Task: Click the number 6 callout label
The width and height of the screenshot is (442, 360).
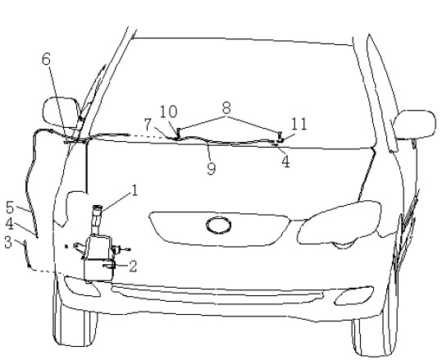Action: click(46, 59)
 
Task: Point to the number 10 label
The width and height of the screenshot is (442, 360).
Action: click(169, 112)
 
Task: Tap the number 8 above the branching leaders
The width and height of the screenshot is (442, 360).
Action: click(226, 107)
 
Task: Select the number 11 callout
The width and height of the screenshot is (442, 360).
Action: click(298, 124)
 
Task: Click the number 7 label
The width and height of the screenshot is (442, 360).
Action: click(148, 125)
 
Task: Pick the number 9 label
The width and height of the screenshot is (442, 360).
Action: click(212, 168)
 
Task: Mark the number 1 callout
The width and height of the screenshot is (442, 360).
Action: click(134, 190)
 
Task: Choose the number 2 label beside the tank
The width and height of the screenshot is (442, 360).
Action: click(133, 266)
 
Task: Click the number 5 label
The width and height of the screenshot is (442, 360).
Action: click(10, 207)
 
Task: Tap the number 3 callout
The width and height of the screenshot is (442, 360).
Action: click(8, 243)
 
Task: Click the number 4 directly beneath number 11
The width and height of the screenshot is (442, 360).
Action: click(286, 162)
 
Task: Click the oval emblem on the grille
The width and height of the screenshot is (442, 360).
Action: click(219, 226)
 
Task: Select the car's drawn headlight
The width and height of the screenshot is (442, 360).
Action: click(339, 223)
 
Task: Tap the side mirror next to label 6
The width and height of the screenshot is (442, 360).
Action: click(62, 112)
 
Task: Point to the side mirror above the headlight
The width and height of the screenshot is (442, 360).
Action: click(414, 125)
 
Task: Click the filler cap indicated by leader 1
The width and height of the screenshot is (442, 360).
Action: click(98, 207)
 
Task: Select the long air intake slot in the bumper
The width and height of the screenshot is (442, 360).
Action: click(217, 293)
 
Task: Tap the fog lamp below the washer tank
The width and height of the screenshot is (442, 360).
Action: click(82, 286)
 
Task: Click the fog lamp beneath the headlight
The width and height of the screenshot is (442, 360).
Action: click(353, 296)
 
